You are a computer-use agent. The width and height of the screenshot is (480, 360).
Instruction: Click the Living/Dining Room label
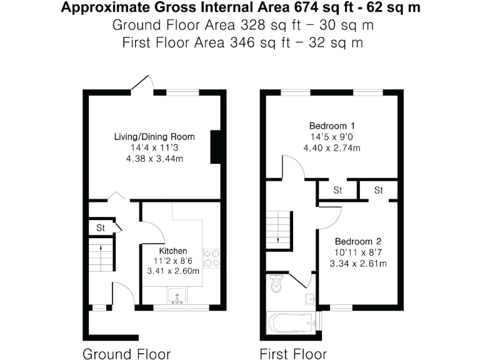154,137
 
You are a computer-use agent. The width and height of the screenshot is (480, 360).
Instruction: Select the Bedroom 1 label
332,125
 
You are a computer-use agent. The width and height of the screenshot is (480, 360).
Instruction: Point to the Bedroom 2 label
357,242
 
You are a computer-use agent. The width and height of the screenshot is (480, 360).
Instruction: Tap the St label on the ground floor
100,228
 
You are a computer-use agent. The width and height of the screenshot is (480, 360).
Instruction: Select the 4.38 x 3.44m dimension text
154,159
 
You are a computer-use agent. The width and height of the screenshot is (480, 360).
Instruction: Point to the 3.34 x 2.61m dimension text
357,264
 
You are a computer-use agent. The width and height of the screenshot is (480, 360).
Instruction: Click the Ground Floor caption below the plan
127,354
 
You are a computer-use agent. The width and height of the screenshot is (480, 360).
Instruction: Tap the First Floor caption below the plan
293,354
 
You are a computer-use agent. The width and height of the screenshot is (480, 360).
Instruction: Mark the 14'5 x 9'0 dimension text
332,136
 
